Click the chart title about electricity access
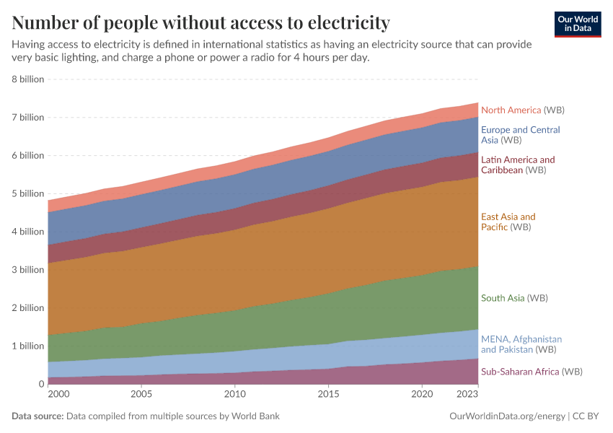[201, 23]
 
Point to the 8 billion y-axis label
[28, 79]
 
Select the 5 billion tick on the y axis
[28, 193]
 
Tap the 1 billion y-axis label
[28, 346]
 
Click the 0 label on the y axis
[40, 384]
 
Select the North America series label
[522, 110]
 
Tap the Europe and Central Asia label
[520, 135]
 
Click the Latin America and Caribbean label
[518, 165]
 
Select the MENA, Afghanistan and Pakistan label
[521, 344]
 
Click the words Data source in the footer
[38, 416]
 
